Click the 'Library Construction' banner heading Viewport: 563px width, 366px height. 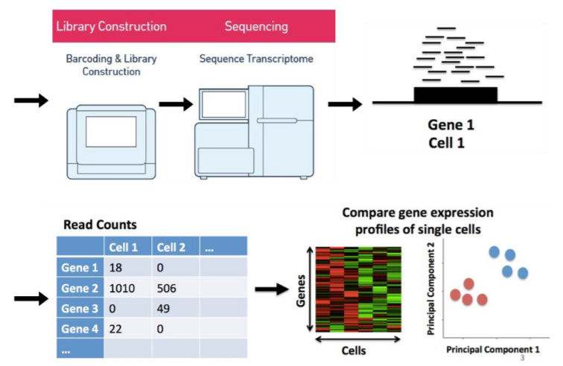pos(111,27)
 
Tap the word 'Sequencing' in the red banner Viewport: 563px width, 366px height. pos(256,27)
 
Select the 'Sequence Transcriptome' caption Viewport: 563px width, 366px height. pos(256,59)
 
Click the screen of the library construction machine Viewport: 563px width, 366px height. pos(111,132)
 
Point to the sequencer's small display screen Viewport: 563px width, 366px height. pos(224,104)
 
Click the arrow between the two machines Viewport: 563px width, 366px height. pos(176,104)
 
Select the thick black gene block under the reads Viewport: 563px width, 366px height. pos(456,94)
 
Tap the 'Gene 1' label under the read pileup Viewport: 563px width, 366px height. pos(451,125)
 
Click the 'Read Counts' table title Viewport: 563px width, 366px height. pos(101,225)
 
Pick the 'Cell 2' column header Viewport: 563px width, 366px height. pos(171,247)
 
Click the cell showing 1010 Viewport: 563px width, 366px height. pos(122,288)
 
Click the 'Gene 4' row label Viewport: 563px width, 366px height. pos(80,329)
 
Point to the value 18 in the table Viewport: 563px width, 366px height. pos(115,268)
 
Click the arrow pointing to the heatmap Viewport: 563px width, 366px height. pos(272,289)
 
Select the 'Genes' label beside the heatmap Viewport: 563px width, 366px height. pos(301,291)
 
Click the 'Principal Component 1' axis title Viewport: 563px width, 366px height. pos(493,350)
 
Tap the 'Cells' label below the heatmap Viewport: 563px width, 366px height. pos(354,350)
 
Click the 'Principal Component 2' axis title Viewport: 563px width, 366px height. pos(430,289)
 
